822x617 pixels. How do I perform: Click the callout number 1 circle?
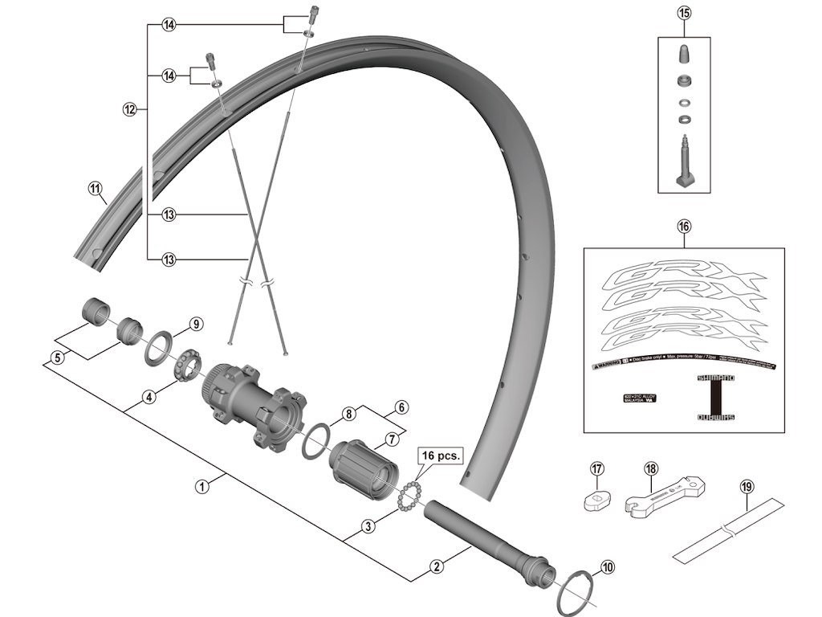pyautogui.click(x=202, y=487)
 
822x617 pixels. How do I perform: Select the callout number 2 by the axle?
pyautogui.click(x=437, y=567)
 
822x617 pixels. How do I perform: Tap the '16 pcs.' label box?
pyautogui.click(x=440, y=455)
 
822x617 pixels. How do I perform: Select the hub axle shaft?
pyautogui.click(x=490, y=539)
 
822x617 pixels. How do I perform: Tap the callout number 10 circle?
pyautogui.click(x=604, y=567)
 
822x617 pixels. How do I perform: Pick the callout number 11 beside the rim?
pyautogui.click(x=96, y=190)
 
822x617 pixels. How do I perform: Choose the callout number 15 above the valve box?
pyautogui.click(x=684, y=13)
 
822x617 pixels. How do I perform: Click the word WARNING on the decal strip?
pyautogui.click(x=607, y=365)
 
